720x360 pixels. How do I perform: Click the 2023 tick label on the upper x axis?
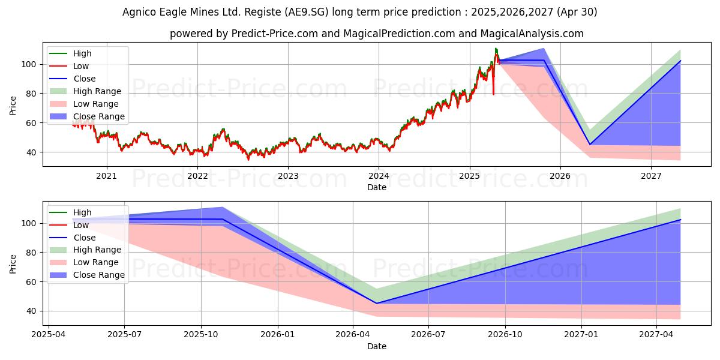point(288,176)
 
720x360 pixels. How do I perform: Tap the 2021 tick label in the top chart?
point(107,176)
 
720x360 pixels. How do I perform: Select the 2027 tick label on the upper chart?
point(651,176)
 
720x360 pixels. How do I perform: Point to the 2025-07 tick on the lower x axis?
point(125,335)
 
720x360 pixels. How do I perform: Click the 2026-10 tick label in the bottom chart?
point(505,335)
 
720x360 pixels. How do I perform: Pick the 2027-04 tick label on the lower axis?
point(657,335)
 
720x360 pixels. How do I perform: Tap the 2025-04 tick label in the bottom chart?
point(49,335)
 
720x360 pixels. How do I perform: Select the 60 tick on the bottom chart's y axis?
point(32,282)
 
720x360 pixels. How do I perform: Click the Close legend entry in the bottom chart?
point(85,238)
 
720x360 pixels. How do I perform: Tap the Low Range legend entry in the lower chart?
point(96,262)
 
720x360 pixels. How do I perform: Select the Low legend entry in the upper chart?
point(81,66)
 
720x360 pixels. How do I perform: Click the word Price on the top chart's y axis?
point(13,105)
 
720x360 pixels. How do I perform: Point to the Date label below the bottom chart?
point(376,346)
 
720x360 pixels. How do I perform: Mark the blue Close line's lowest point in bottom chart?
point(377,303)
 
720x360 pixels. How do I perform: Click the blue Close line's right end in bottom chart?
point(680,220)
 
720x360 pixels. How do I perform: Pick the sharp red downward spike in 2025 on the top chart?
point(494,93)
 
